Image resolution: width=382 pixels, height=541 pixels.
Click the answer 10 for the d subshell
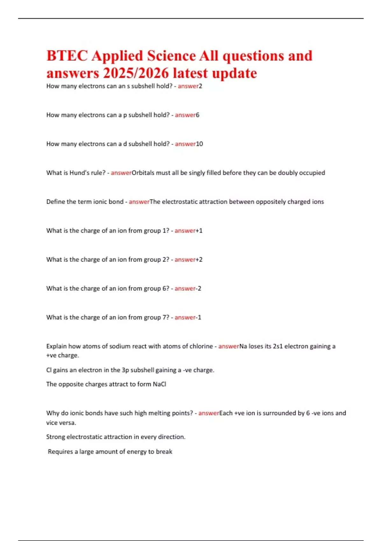pyautogui.click(x=199, y=144)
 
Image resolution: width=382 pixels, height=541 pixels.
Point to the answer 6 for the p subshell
pyautogui.click(x=198, y=115)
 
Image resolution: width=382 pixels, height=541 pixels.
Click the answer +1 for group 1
pyautogui.click(x=199, y=230)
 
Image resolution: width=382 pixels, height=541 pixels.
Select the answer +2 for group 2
pyautogui.click(x=199, y=259)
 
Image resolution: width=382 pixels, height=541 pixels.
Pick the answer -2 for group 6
pyautogui.click(x=198, y=288)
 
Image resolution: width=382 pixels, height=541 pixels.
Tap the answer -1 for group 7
pyautogui.click(x=198, y=317)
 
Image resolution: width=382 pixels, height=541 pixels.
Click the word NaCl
pyautogui.click(x=159, y=384)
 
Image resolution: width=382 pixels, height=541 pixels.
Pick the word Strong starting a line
pyautogui.click(x=55, y=437)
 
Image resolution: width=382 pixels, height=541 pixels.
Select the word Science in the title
pyautogui.click(x=171, y=56)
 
